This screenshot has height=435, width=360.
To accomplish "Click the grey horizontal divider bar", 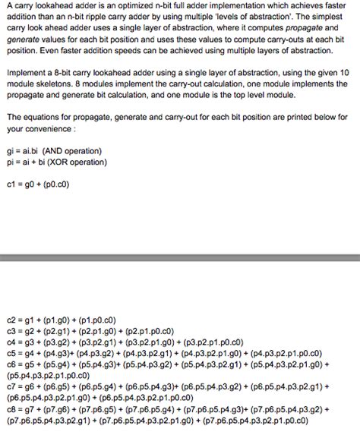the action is pos(180,261).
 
